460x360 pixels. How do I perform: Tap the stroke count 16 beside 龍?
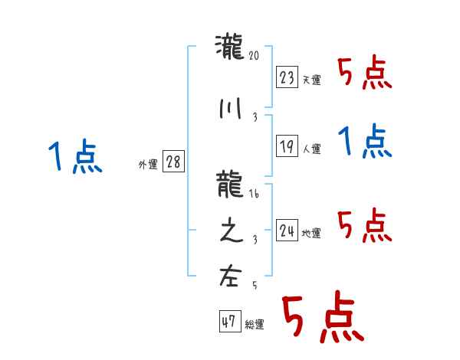tap(255, 195)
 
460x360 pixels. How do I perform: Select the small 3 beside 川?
tap(255, 116)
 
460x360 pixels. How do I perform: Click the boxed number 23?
tap(287, 77)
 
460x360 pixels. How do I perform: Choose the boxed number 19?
tap(287, 147)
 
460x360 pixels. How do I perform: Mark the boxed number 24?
tap(287, 231)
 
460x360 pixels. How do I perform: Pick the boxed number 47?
tap(228, 322)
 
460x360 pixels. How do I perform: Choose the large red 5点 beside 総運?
tap(322, 319)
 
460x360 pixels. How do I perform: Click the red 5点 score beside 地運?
tap(365, 226)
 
